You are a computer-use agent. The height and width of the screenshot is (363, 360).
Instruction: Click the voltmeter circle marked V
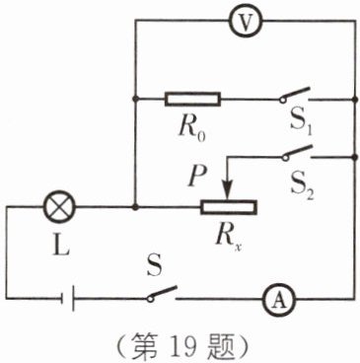[x=246, y=21]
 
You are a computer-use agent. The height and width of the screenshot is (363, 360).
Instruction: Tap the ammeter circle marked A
[x=279, y=300]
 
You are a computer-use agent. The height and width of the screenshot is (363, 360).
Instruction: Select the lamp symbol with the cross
[x=60, y=208]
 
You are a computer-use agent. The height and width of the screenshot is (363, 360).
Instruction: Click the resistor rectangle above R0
[x=192, y=99]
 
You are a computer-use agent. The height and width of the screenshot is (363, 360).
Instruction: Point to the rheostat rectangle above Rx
[x=229, y=207]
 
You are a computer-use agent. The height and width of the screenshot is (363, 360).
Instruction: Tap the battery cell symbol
[x=67, y=299]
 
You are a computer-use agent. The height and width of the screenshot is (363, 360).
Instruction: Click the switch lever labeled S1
[x=295, y=95]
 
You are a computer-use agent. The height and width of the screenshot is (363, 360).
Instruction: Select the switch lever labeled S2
[x=297, y=153]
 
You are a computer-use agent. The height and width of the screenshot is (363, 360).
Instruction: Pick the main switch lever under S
[x=162, y=293]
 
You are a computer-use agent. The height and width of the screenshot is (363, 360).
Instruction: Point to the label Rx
[x=229, y=239]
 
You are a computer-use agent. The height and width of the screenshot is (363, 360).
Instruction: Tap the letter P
[x=197, y=176]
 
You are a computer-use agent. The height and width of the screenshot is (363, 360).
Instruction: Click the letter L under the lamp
[x=61, y=245]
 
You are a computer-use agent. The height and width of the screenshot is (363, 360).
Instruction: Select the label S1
[x=301, y=125]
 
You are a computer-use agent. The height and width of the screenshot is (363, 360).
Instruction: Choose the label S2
[x=302, y=188]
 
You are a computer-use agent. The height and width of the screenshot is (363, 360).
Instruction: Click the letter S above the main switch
[x=154, y=265]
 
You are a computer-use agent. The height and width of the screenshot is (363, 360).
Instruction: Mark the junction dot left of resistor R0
[x=135, y=99]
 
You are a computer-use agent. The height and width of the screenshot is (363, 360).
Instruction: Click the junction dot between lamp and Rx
[x=135, y=207]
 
